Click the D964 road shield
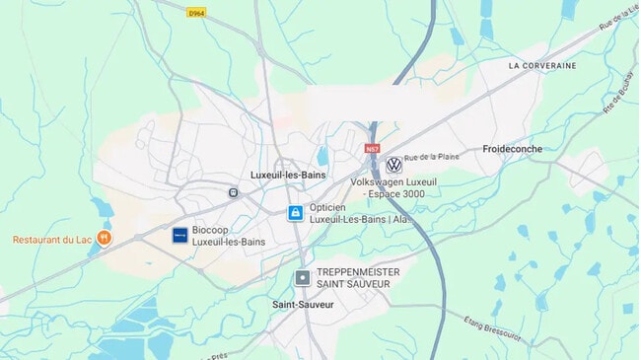[196, 12]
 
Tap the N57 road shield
[372, 149]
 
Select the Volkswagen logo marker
[393, 165]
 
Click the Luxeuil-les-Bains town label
[288, 175]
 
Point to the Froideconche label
[513, 149]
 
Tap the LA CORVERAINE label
[542, 65]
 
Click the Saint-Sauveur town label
[303, 305]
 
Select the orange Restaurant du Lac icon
[105, 238]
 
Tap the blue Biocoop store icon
[179, 235]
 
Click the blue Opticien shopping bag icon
[295, 213]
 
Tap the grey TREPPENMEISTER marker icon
[302, 278]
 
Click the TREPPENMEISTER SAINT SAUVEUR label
[353, 278]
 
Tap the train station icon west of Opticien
[233, 192]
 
